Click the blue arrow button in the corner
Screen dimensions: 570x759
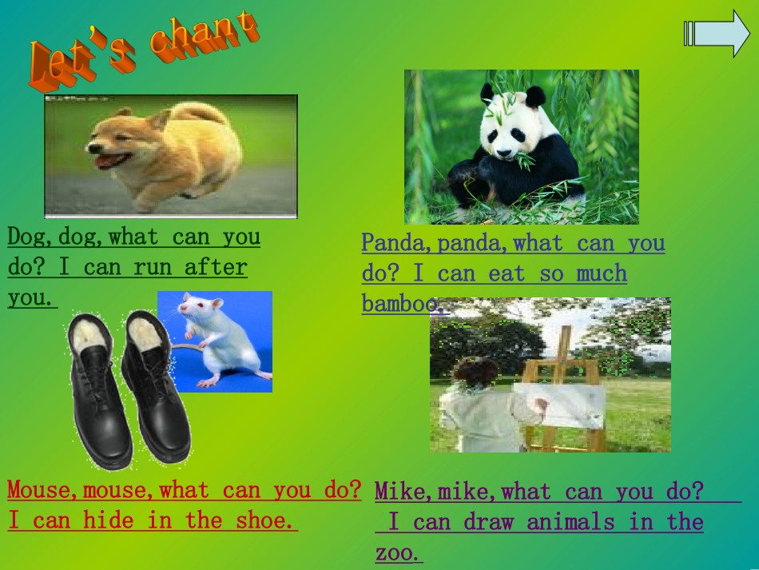coord(717,34)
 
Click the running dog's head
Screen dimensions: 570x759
coord(116,144)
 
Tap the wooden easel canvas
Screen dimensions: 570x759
coord(559,404)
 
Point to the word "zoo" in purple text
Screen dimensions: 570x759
coord(395,553)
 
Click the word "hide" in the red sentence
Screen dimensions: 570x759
coord(108,520)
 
